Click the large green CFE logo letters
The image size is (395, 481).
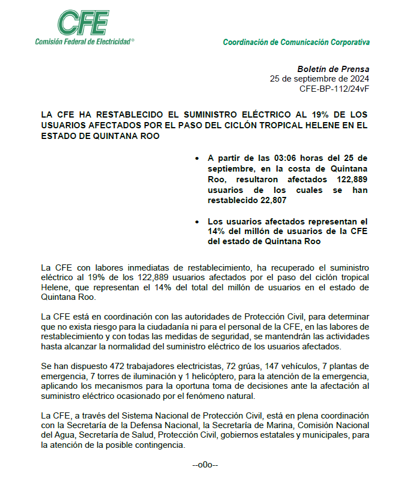tap(84, 23)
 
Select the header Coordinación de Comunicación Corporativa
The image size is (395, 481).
tap(296, 42)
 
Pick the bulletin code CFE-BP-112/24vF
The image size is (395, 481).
tap(334, 88)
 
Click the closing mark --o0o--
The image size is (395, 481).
tap(205, 465)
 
